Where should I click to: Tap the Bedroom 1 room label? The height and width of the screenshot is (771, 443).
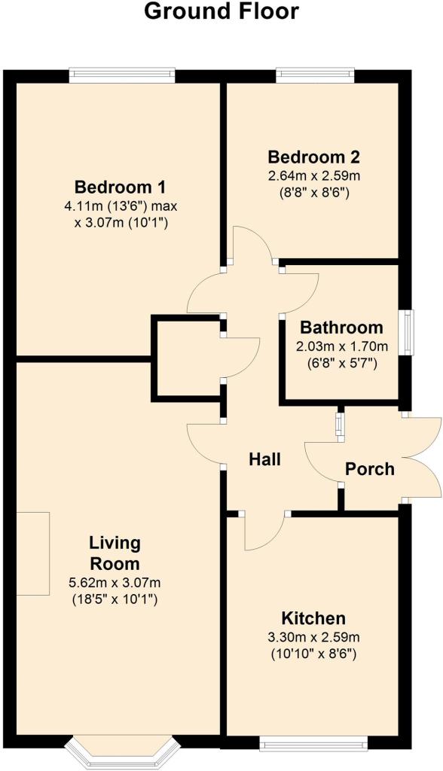(x=120, y=187)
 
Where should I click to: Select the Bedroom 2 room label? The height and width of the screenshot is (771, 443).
(x=313, y=157)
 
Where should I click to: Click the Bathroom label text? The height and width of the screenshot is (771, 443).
(x=341, y=327)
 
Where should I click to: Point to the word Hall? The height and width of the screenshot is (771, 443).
(x=264, y=459)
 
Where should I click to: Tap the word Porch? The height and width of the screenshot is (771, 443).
(x=370, y=468)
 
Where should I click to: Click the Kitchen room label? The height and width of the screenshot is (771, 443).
(x=313, y=618)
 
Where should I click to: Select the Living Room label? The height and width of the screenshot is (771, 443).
(x=115, y=553)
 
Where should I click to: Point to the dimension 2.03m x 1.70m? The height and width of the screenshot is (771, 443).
(x=341, y=346)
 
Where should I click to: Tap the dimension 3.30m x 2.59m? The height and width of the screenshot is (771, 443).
(x=313, y=638)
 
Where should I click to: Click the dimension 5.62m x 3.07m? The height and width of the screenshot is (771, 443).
(x=115, y=584)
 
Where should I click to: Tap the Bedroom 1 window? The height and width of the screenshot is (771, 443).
(x=122, y=76)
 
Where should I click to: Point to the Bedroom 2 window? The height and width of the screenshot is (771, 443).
(x=315, y=76)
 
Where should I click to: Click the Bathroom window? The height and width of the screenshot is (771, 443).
(x=407, y=332)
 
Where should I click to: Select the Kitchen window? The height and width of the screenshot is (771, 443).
(x=313, y=743)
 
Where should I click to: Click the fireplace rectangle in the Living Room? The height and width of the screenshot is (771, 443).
(x=33, y=553)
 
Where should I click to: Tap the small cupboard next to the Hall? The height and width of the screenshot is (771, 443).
(x=188, y=358)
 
